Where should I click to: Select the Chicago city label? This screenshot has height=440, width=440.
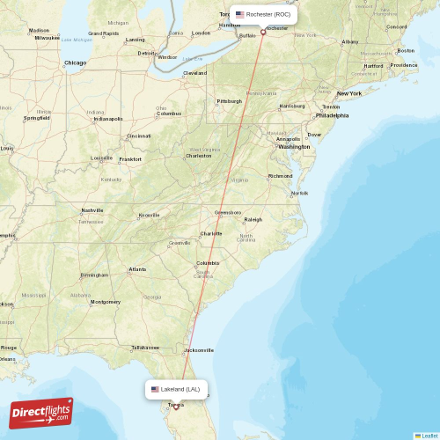[x=75, y=62]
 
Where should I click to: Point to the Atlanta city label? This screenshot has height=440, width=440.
[x=137, y=269]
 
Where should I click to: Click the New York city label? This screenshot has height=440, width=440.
[x=348, y=92]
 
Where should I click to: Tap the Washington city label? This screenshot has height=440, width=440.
[x=293, y=146]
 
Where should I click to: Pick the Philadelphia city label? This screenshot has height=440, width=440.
[x=332, y=115]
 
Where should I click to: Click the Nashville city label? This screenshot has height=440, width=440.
[x=92, y=210]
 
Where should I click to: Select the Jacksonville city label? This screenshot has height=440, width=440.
[x=198, y=349]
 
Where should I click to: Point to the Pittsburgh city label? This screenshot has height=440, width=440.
[x=229, y=101]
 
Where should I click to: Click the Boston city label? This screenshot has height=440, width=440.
[x=405, y=50]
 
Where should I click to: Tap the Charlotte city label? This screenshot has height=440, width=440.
[x=210, y=233]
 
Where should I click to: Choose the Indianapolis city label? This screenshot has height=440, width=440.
[x=108, y=119]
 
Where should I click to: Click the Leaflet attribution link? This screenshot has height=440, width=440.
[x=428, y=436]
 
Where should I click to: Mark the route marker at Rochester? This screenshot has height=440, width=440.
[x=263, y=33]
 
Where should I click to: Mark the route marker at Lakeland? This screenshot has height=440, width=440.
[x=176, y=407]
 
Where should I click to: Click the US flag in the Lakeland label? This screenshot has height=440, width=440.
[x=155, y=389]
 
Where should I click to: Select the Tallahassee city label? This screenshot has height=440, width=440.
[x=145, y=348]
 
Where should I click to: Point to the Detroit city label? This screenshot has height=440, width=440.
[x=146, y=53]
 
